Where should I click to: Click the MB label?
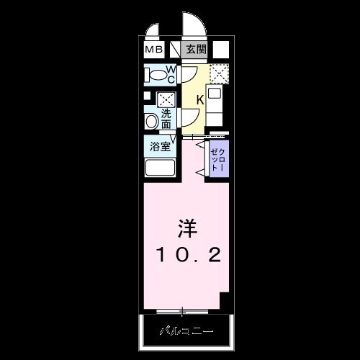tap(153, 50)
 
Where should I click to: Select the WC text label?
tap(171, 74)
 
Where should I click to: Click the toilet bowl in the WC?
tap(154, 74)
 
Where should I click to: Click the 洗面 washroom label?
tap(166, 120)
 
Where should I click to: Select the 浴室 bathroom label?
tap(160, 147)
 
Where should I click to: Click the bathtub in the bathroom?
tap(161, 168)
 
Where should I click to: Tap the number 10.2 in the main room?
tap(186, 253)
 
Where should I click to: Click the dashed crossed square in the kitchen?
tap(219, 73)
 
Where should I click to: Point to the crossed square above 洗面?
tap(166, 99)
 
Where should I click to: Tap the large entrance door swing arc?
tap(194, 27)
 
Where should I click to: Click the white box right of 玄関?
tap(221, 50)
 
